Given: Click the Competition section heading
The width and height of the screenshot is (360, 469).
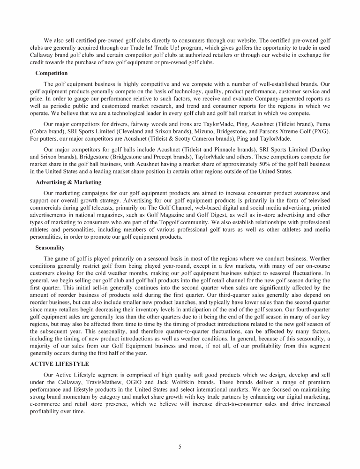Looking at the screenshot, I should point(52,73).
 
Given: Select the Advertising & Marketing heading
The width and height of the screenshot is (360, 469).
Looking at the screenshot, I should point(68,182).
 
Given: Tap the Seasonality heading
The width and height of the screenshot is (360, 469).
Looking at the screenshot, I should point(50,247).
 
